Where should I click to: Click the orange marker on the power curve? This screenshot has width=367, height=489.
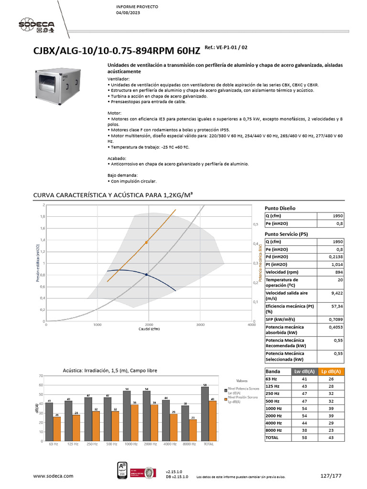click(x=146, y=243)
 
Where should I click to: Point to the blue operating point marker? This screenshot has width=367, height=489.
click(x=146, y=275)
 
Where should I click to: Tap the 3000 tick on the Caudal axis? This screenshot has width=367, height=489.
click(x=200, y=325)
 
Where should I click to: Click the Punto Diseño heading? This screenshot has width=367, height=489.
click(x=280, y=208)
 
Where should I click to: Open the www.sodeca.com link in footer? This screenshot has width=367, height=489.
click(x=53, y=476)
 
